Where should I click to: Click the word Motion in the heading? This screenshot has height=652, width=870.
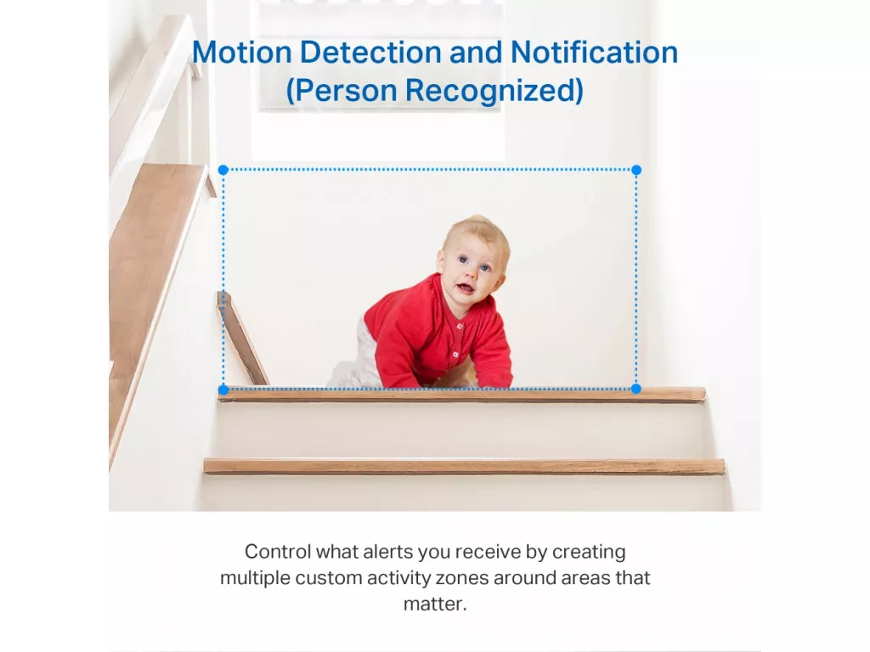(242, 52)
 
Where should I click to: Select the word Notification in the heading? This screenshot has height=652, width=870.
(594, 52)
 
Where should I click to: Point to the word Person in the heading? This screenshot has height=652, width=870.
(345, 90)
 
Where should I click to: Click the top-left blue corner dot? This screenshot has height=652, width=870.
(223, 170)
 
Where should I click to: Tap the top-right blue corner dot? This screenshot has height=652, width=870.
(636, 170)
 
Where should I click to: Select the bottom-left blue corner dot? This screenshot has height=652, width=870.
(223, 390)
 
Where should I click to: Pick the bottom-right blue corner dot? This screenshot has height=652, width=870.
(636, 389)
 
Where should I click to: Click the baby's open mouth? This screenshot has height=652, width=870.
(465, 289)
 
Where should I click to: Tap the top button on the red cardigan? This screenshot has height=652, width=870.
(460, 327)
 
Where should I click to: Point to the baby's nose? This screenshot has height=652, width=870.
(472, 273)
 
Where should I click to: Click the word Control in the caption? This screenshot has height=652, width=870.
(278, 552)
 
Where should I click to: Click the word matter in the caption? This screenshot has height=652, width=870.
(432, 604)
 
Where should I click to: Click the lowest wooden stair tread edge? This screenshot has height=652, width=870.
(464, 466)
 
